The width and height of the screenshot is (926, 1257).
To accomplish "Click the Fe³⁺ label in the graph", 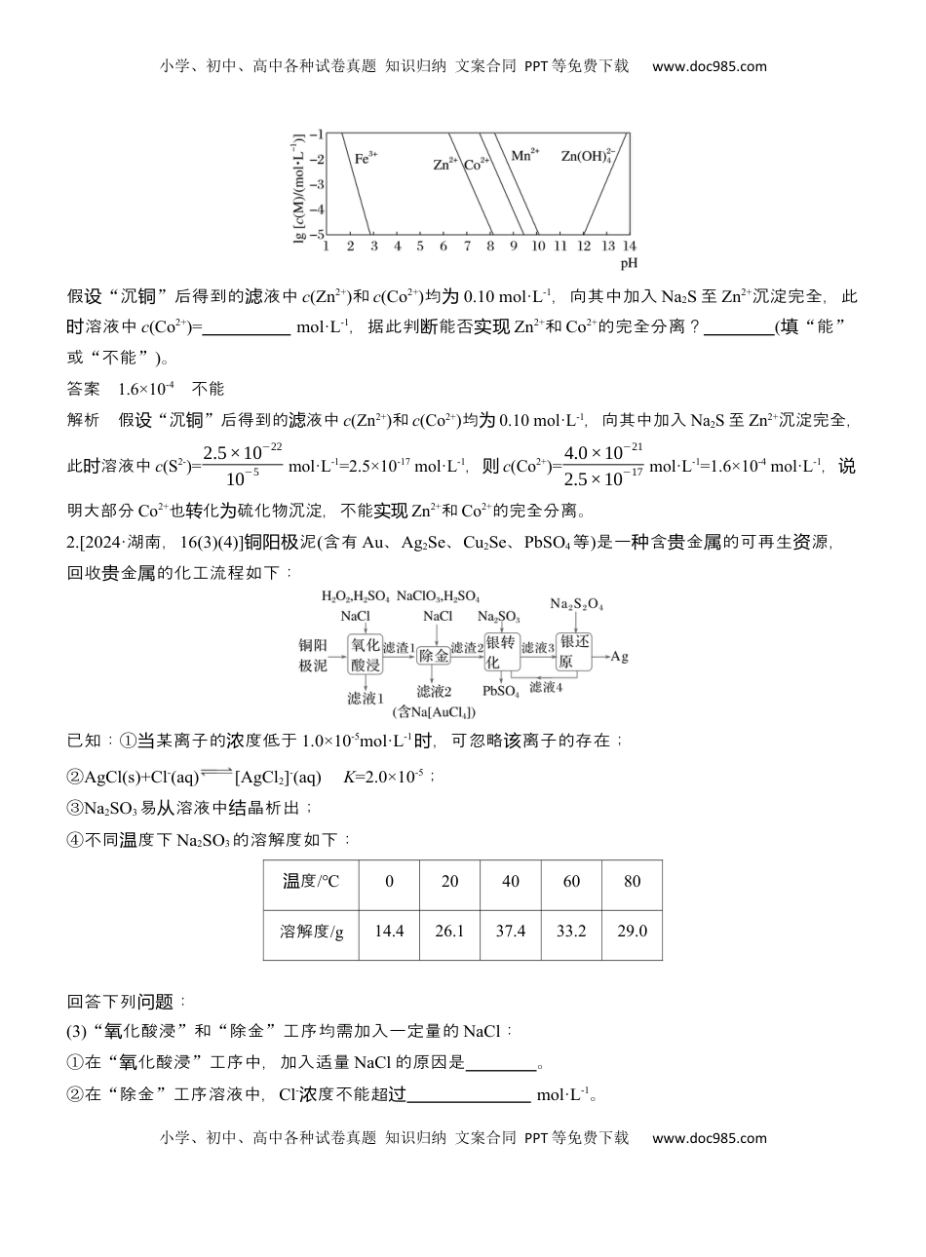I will pyautogui.click(x=366, y=156).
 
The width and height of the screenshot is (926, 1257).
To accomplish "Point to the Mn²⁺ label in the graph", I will pyautogui.click(x=524, y=155).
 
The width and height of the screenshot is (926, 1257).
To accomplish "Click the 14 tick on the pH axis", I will pyautogui.click(x=629, y=247).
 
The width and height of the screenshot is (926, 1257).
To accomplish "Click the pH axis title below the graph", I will pyautogui.click(x=629, y=263).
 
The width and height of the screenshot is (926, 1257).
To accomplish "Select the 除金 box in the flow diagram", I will pyautogui.click(x=434, y=655).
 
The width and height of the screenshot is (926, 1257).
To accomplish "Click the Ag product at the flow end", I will pyautogui.click(x=619, y=656).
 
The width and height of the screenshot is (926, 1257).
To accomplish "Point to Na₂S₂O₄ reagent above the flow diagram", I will pyautogui.click(x=576, y=604).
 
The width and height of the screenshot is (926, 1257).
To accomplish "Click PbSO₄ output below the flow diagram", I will pyautogui.click(x=500, y=691).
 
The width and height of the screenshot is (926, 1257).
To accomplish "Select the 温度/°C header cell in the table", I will pyautogui.click(x=311, y=881).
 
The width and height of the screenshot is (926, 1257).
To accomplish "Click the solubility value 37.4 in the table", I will pyautogui.click(x=510, y=931).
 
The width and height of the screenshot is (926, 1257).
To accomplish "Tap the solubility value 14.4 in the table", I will pyautogui.click(x=389, y=931).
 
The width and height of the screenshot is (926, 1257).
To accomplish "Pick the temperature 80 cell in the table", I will pyautogui.click(x=632, y=881).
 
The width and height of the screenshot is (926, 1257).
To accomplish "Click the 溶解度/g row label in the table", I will pyautogui.click(x=311, y=931).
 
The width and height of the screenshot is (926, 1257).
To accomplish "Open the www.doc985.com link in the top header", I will pyautogui.click(x=709, y=67).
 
